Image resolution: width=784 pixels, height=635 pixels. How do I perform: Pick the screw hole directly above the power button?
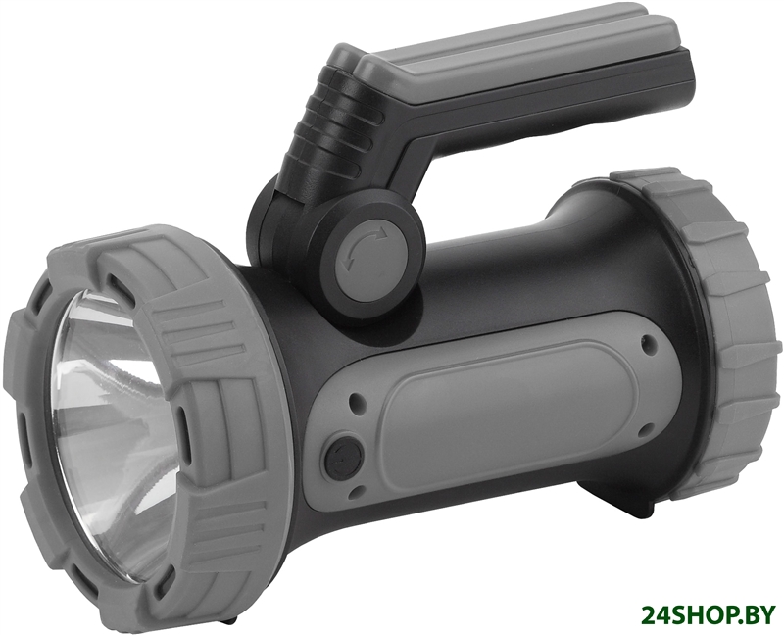click(x=357, y=401)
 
